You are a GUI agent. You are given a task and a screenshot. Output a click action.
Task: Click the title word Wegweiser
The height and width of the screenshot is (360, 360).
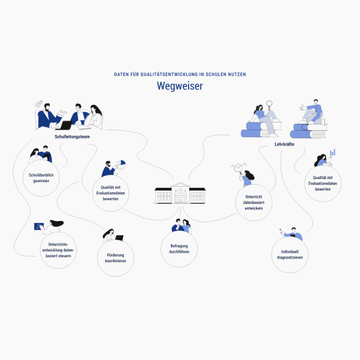(x=180, y=86)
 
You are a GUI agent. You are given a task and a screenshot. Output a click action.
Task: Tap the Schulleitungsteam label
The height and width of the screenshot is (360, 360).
(x=72, y=137)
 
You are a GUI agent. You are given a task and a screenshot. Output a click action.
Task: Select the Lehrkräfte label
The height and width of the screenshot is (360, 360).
(x=284, y=144)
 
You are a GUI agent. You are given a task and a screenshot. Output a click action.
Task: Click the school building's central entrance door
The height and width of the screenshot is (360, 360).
(x=180, y=200)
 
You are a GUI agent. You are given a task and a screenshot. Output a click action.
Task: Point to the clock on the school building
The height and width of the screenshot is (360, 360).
(x=180, y=190)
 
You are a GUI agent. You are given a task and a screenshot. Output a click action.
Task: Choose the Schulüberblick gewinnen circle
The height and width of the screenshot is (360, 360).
(x=41, y=178)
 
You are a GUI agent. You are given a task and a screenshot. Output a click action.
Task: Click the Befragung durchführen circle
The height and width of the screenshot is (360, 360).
(x=179, y=249)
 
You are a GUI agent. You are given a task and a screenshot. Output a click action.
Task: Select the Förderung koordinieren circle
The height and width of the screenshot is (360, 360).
(x=116, y=258)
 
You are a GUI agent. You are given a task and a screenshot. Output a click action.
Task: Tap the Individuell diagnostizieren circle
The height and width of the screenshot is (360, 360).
(x=290, y=255)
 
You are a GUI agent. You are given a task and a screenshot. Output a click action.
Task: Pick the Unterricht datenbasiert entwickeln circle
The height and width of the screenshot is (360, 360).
(x=254, y=203)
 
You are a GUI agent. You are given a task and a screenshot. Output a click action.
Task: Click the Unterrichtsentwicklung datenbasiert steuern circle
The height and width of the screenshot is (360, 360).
(x=58, y=250)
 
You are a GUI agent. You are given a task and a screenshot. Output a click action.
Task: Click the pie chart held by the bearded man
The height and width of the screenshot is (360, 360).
(x=121, y=164)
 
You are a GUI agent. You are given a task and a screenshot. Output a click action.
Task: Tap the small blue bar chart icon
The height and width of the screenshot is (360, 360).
(x=333, y=152)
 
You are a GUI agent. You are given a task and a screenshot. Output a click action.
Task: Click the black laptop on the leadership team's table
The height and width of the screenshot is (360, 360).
(x=65, y=125)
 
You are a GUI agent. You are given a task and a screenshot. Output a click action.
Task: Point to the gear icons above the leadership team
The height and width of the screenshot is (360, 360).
(x=39, y=103)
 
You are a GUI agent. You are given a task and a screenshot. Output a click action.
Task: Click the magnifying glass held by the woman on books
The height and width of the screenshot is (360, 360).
(x=269, y=105)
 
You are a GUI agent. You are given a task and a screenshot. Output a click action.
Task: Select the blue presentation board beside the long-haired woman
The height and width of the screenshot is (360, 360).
(x=39, y=227)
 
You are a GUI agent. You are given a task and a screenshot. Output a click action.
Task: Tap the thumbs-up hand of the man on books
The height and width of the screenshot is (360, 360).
(x=302, y=107)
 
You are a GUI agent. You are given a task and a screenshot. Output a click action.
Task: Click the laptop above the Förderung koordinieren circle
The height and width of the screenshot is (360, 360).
(x=119, y=237)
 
